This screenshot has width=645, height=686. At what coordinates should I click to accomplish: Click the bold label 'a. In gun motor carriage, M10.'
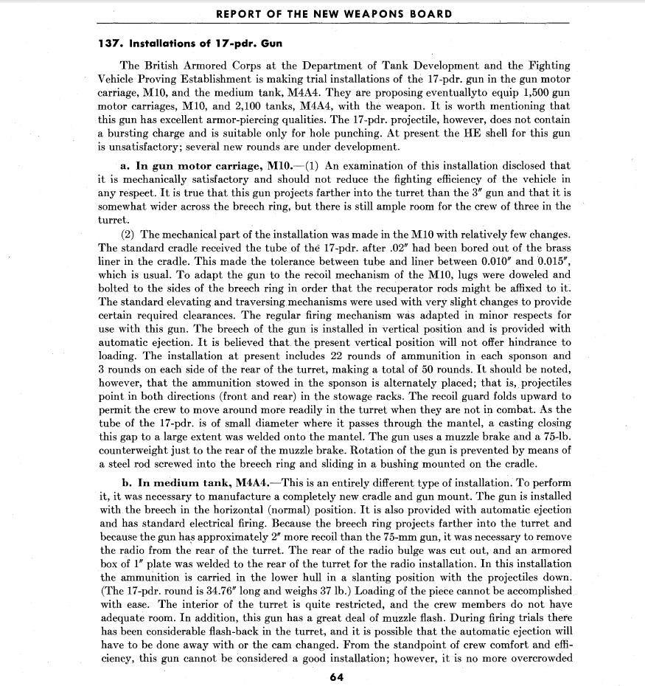tap(206, 166)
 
